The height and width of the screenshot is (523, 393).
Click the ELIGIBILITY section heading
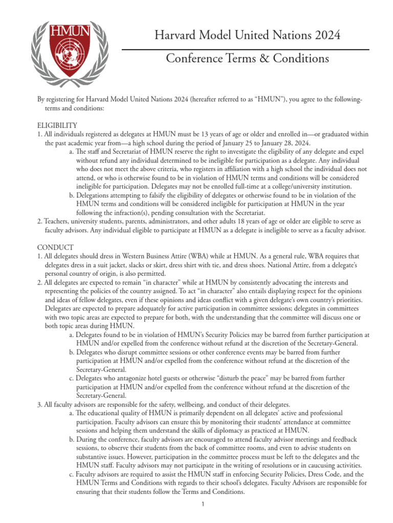(x=57, y=125)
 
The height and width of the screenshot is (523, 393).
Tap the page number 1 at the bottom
(x=203, y=505)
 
